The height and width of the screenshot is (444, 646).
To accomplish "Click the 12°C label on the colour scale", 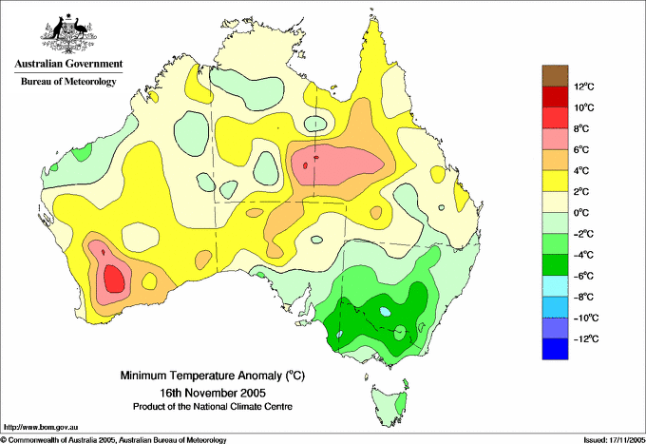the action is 584,87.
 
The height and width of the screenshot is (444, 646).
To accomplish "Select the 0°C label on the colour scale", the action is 581,213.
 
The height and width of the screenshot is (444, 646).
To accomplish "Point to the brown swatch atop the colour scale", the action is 555,75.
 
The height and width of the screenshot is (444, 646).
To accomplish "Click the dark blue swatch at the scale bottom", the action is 555,349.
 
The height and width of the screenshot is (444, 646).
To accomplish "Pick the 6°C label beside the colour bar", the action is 581,149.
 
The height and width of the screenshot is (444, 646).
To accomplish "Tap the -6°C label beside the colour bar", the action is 584,276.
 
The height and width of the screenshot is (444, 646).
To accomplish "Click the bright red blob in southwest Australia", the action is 114,279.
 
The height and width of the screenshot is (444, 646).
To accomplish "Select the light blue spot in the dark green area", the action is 385,311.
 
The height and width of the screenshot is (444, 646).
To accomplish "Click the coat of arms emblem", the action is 68,33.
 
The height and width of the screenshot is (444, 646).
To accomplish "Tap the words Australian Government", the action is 68,64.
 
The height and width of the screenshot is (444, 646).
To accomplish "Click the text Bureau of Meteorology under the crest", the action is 68,81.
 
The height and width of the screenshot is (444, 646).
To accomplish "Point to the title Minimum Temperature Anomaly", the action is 212,376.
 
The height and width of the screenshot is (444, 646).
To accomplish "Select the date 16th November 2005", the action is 213,392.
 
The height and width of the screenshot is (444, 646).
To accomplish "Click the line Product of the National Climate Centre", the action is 213,407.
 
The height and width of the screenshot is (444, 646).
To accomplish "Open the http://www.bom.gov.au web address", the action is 41,427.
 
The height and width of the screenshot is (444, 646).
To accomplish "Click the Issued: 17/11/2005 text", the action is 614,440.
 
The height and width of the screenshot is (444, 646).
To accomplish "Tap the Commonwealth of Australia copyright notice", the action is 113,440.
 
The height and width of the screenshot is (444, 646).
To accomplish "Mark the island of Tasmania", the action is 389,403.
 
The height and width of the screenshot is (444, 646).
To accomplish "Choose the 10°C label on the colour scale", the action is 584,107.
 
